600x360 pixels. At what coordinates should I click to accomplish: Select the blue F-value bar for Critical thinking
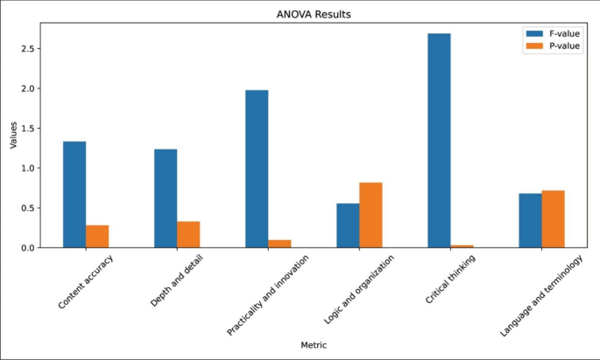coord(440,140)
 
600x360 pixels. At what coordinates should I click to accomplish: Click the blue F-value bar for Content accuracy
coord(74,194)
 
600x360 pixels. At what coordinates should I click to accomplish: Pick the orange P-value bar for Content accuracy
coord(97,236)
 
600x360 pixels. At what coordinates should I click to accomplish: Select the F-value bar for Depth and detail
coord(166,198)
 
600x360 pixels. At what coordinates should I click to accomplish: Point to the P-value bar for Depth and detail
coord(188,235)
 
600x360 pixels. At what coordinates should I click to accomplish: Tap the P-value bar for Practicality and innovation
coord(279,244)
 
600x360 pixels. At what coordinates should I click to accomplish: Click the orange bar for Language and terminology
coord(553,219)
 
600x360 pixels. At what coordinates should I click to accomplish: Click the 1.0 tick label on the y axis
coord(32,168)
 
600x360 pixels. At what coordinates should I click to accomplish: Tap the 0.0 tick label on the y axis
coord(32,248)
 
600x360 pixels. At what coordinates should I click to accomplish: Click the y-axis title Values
coord(13,135)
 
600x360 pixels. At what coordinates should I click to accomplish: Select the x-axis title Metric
coord(314,345)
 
